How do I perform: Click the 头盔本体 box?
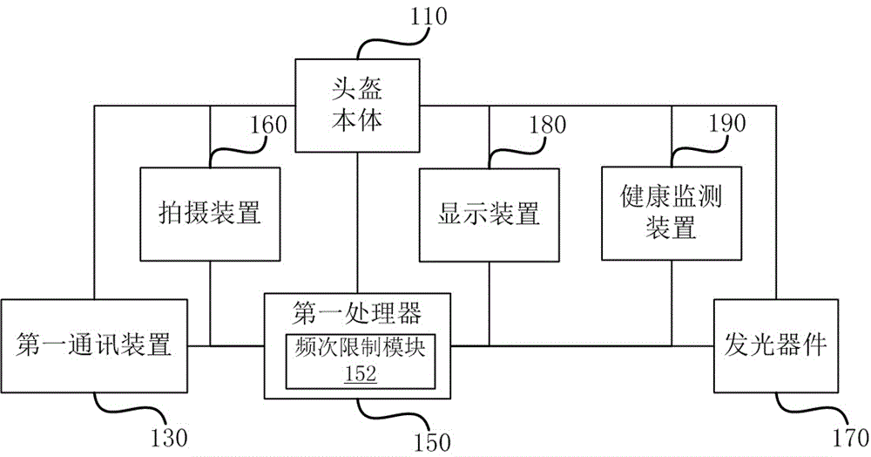356,105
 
